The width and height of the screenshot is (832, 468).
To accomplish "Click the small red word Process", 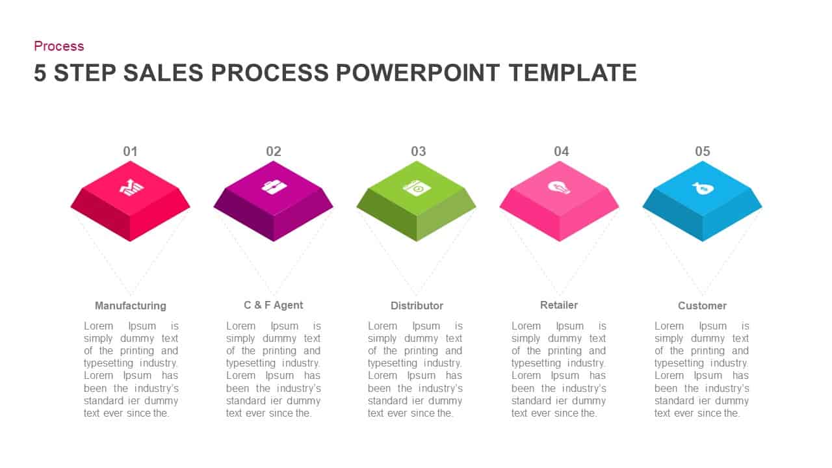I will tap(58, 46).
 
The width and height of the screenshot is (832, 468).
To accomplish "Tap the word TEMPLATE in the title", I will tap(572, 73).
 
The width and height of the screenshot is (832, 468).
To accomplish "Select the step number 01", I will tap(130, 151).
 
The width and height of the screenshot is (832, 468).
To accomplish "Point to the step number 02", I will tap(274, 151).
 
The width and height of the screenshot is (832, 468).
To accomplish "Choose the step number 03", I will tap(418, 151).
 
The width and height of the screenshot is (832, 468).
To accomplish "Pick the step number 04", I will tap(561, 151).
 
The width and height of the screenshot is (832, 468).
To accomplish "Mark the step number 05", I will tap(702, 151).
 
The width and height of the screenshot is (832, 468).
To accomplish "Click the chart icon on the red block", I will tap(131, 188).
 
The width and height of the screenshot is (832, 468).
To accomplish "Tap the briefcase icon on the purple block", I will tap(274, 187).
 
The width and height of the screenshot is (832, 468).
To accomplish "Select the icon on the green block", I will tap(417, 187).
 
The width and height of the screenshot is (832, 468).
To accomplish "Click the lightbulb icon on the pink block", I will tap(559, 187).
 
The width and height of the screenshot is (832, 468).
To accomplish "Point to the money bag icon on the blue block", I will tap(702, 188).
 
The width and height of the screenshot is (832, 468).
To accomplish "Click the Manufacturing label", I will tap(131, 305).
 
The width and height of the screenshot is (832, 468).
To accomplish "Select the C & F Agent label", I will tap(273, 305).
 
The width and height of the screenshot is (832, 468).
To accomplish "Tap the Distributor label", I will tap(417, 305).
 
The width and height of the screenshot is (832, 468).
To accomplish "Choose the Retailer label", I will tap(559, 305).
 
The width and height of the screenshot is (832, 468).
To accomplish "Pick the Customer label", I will tap(702, 305).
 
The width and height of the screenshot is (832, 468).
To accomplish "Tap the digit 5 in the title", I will tap(40, 73).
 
